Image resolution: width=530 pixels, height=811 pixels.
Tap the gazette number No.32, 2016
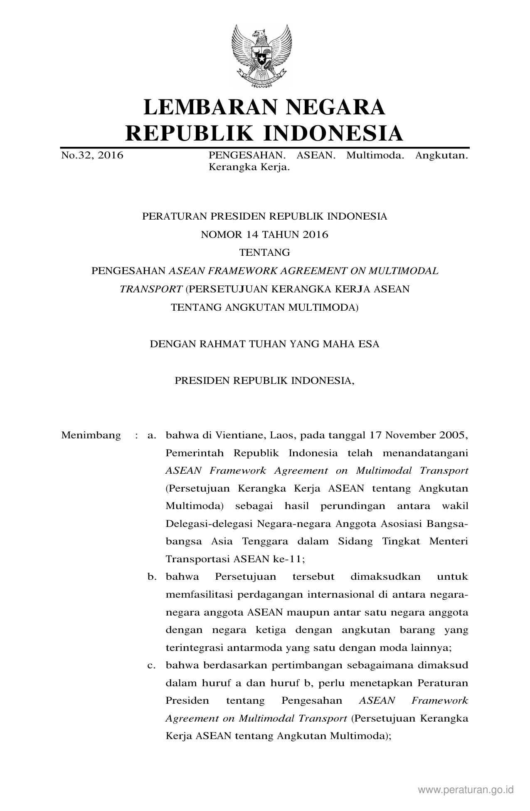pyautogui.click(x=92, y=156)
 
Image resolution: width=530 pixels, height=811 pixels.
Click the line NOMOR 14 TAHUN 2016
pyautogui.click(x=264, y=235)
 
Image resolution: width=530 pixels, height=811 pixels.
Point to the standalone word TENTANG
pyautogui.click(x=264, y=252)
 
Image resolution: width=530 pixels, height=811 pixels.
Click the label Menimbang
pyautogui.click(x=91, y=435)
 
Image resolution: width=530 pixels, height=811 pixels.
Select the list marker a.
pyautogui.click(x=151, y=435)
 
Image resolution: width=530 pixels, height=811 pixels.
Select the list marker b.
pyautogui.click(x=151, y=577)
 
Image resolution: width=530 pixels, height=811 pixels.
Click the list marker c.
pyautogui.click(x=151, y=665)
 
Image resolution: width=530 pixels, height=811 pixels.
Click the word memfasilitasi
pyautogui.click(x=200, y=595)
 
